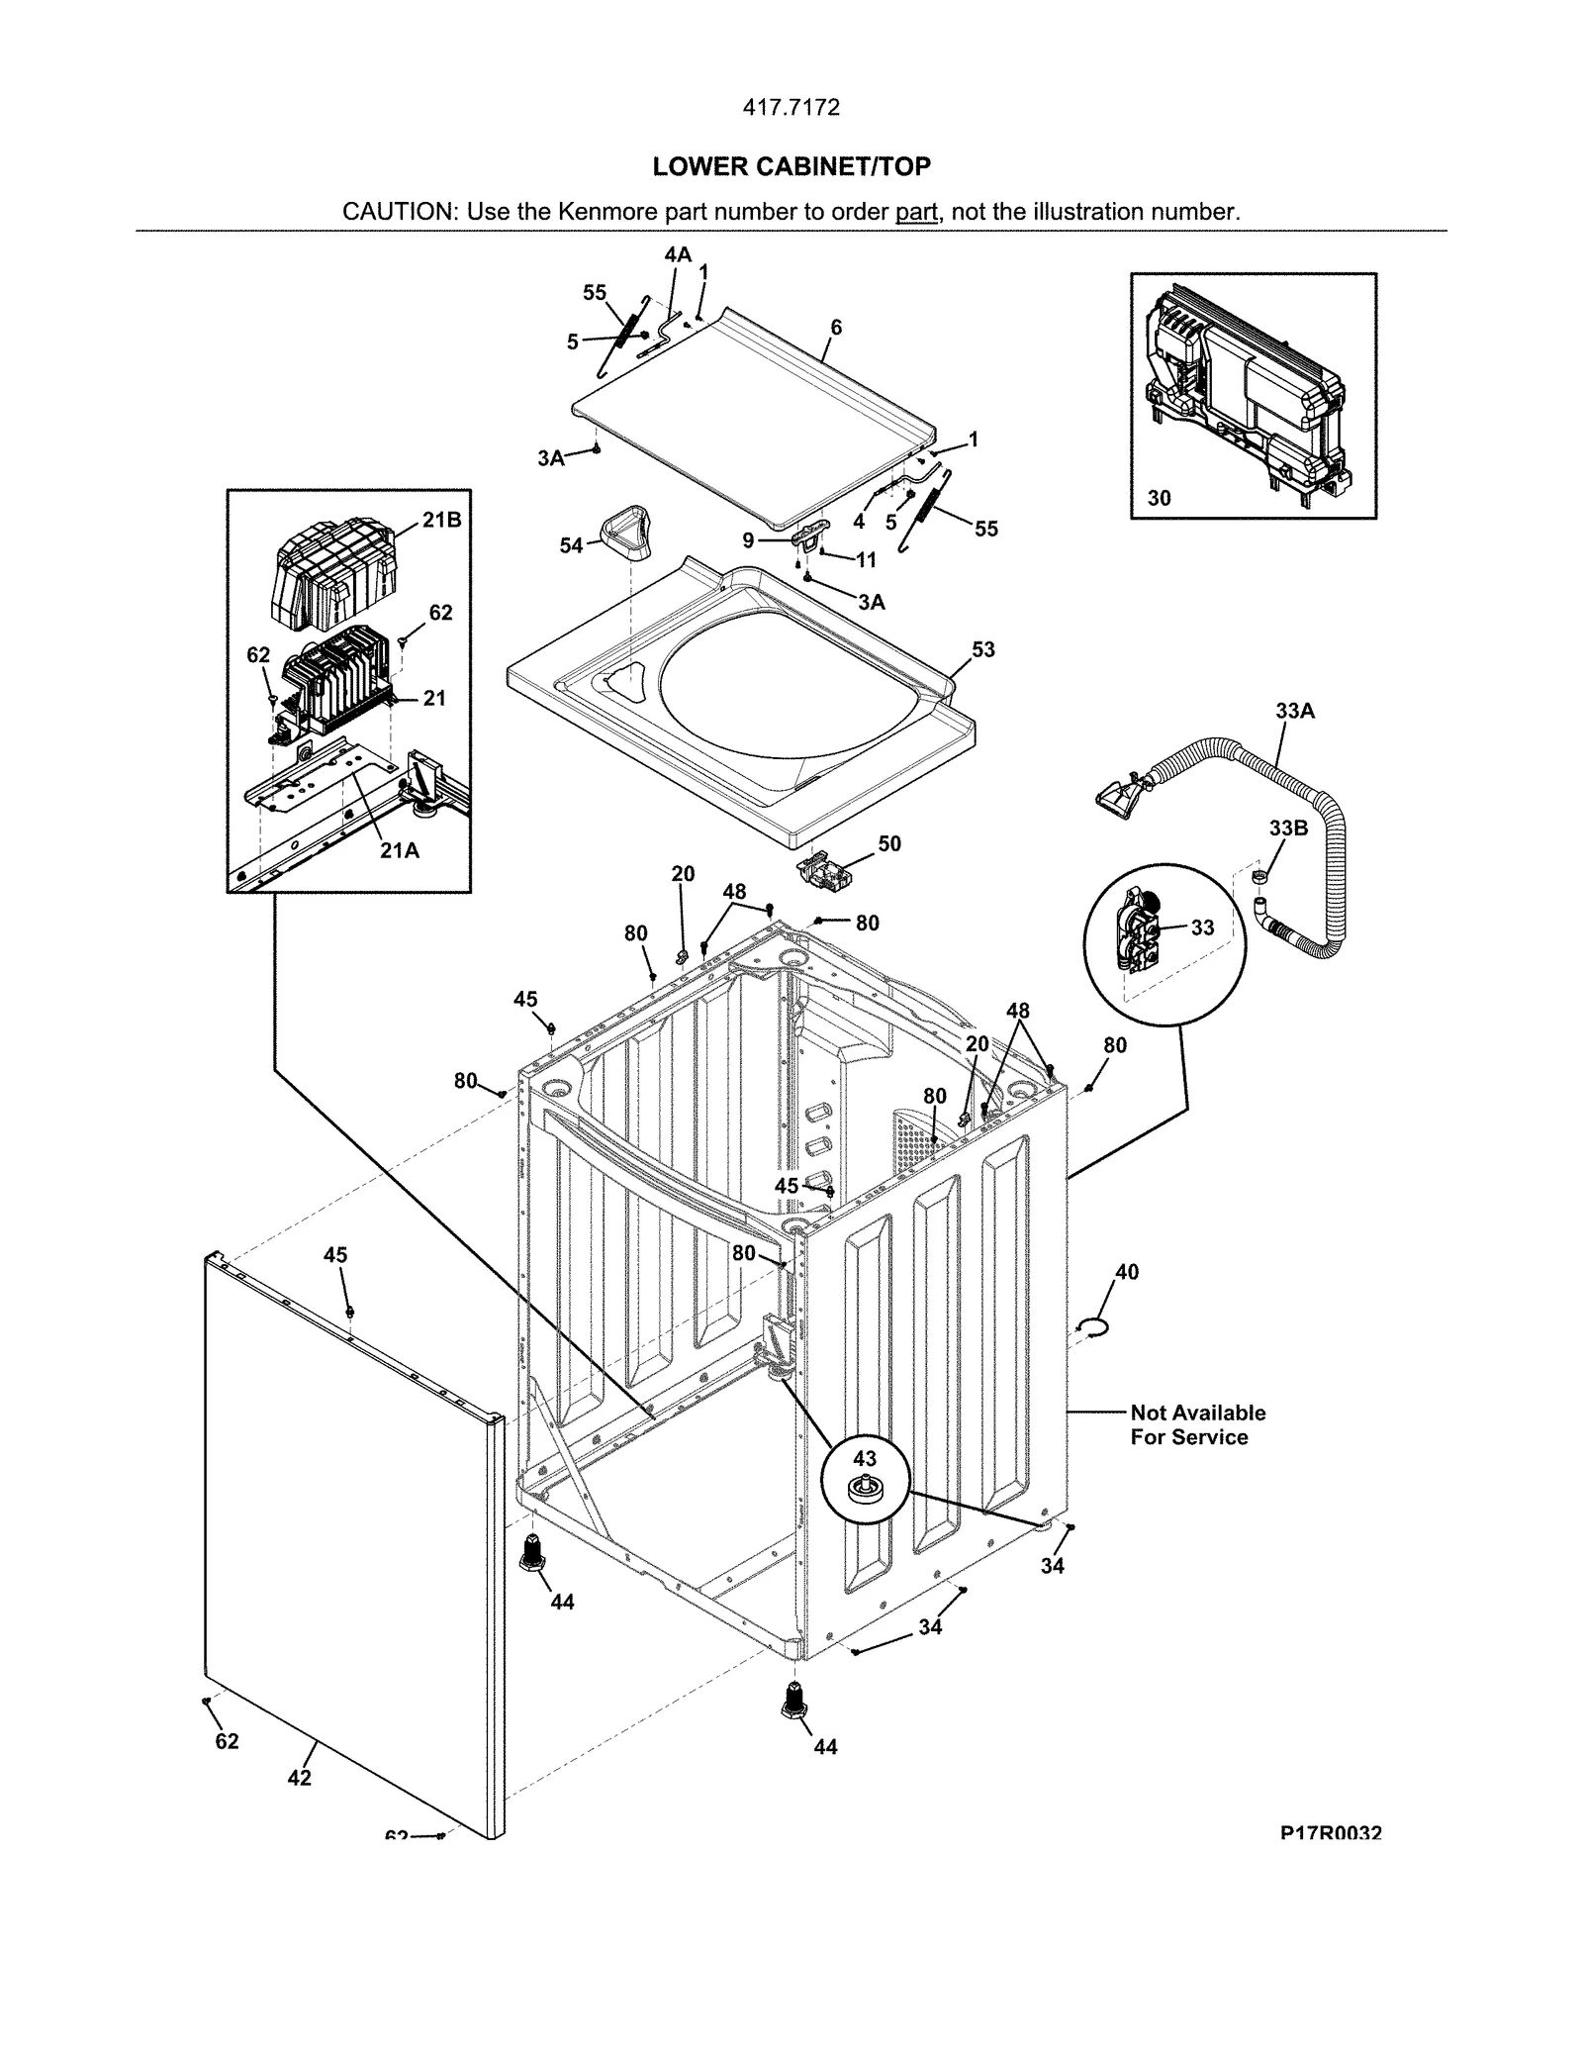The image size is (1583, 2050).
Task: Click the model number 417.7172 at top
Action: click(791, 108)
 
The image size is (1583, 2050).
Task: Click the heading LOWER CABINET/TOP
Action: click(791, 166)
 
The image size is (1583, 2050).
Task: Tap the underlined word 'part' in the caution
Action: click(916, 212)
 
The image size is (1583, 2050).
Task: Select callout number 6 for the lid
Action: click(836, 327)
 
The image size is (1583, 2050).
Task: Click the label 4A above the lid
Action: click(678, 254)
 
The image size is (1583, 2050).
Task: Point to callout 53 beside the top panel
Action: click(982, 649)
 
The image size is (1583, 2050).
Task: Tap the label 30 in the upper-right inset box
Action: click(1159, 498)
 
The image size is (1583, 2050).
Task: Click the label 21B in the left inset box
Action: click(442, 520)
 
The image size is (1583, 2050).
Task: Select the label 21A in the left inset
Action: click(400, 850)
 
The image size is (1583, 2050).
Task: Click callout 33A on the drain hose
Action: click(1294, 710)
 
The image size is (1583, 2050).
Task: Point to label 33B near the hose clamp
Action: click(1288, 828)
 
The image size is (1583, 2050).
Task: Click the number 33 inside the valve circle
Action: click(1202, 927)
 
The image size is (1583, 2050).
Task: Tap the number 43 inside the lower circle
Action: click(864, 1458)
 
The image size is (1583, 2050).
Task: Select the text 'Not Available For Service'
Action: click(1197, 1424)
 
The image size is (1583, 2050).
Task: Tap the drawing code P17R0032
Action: click(1330, 1833)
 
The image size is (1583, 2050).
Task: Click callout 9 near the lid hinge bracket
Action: click(749, 540)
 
